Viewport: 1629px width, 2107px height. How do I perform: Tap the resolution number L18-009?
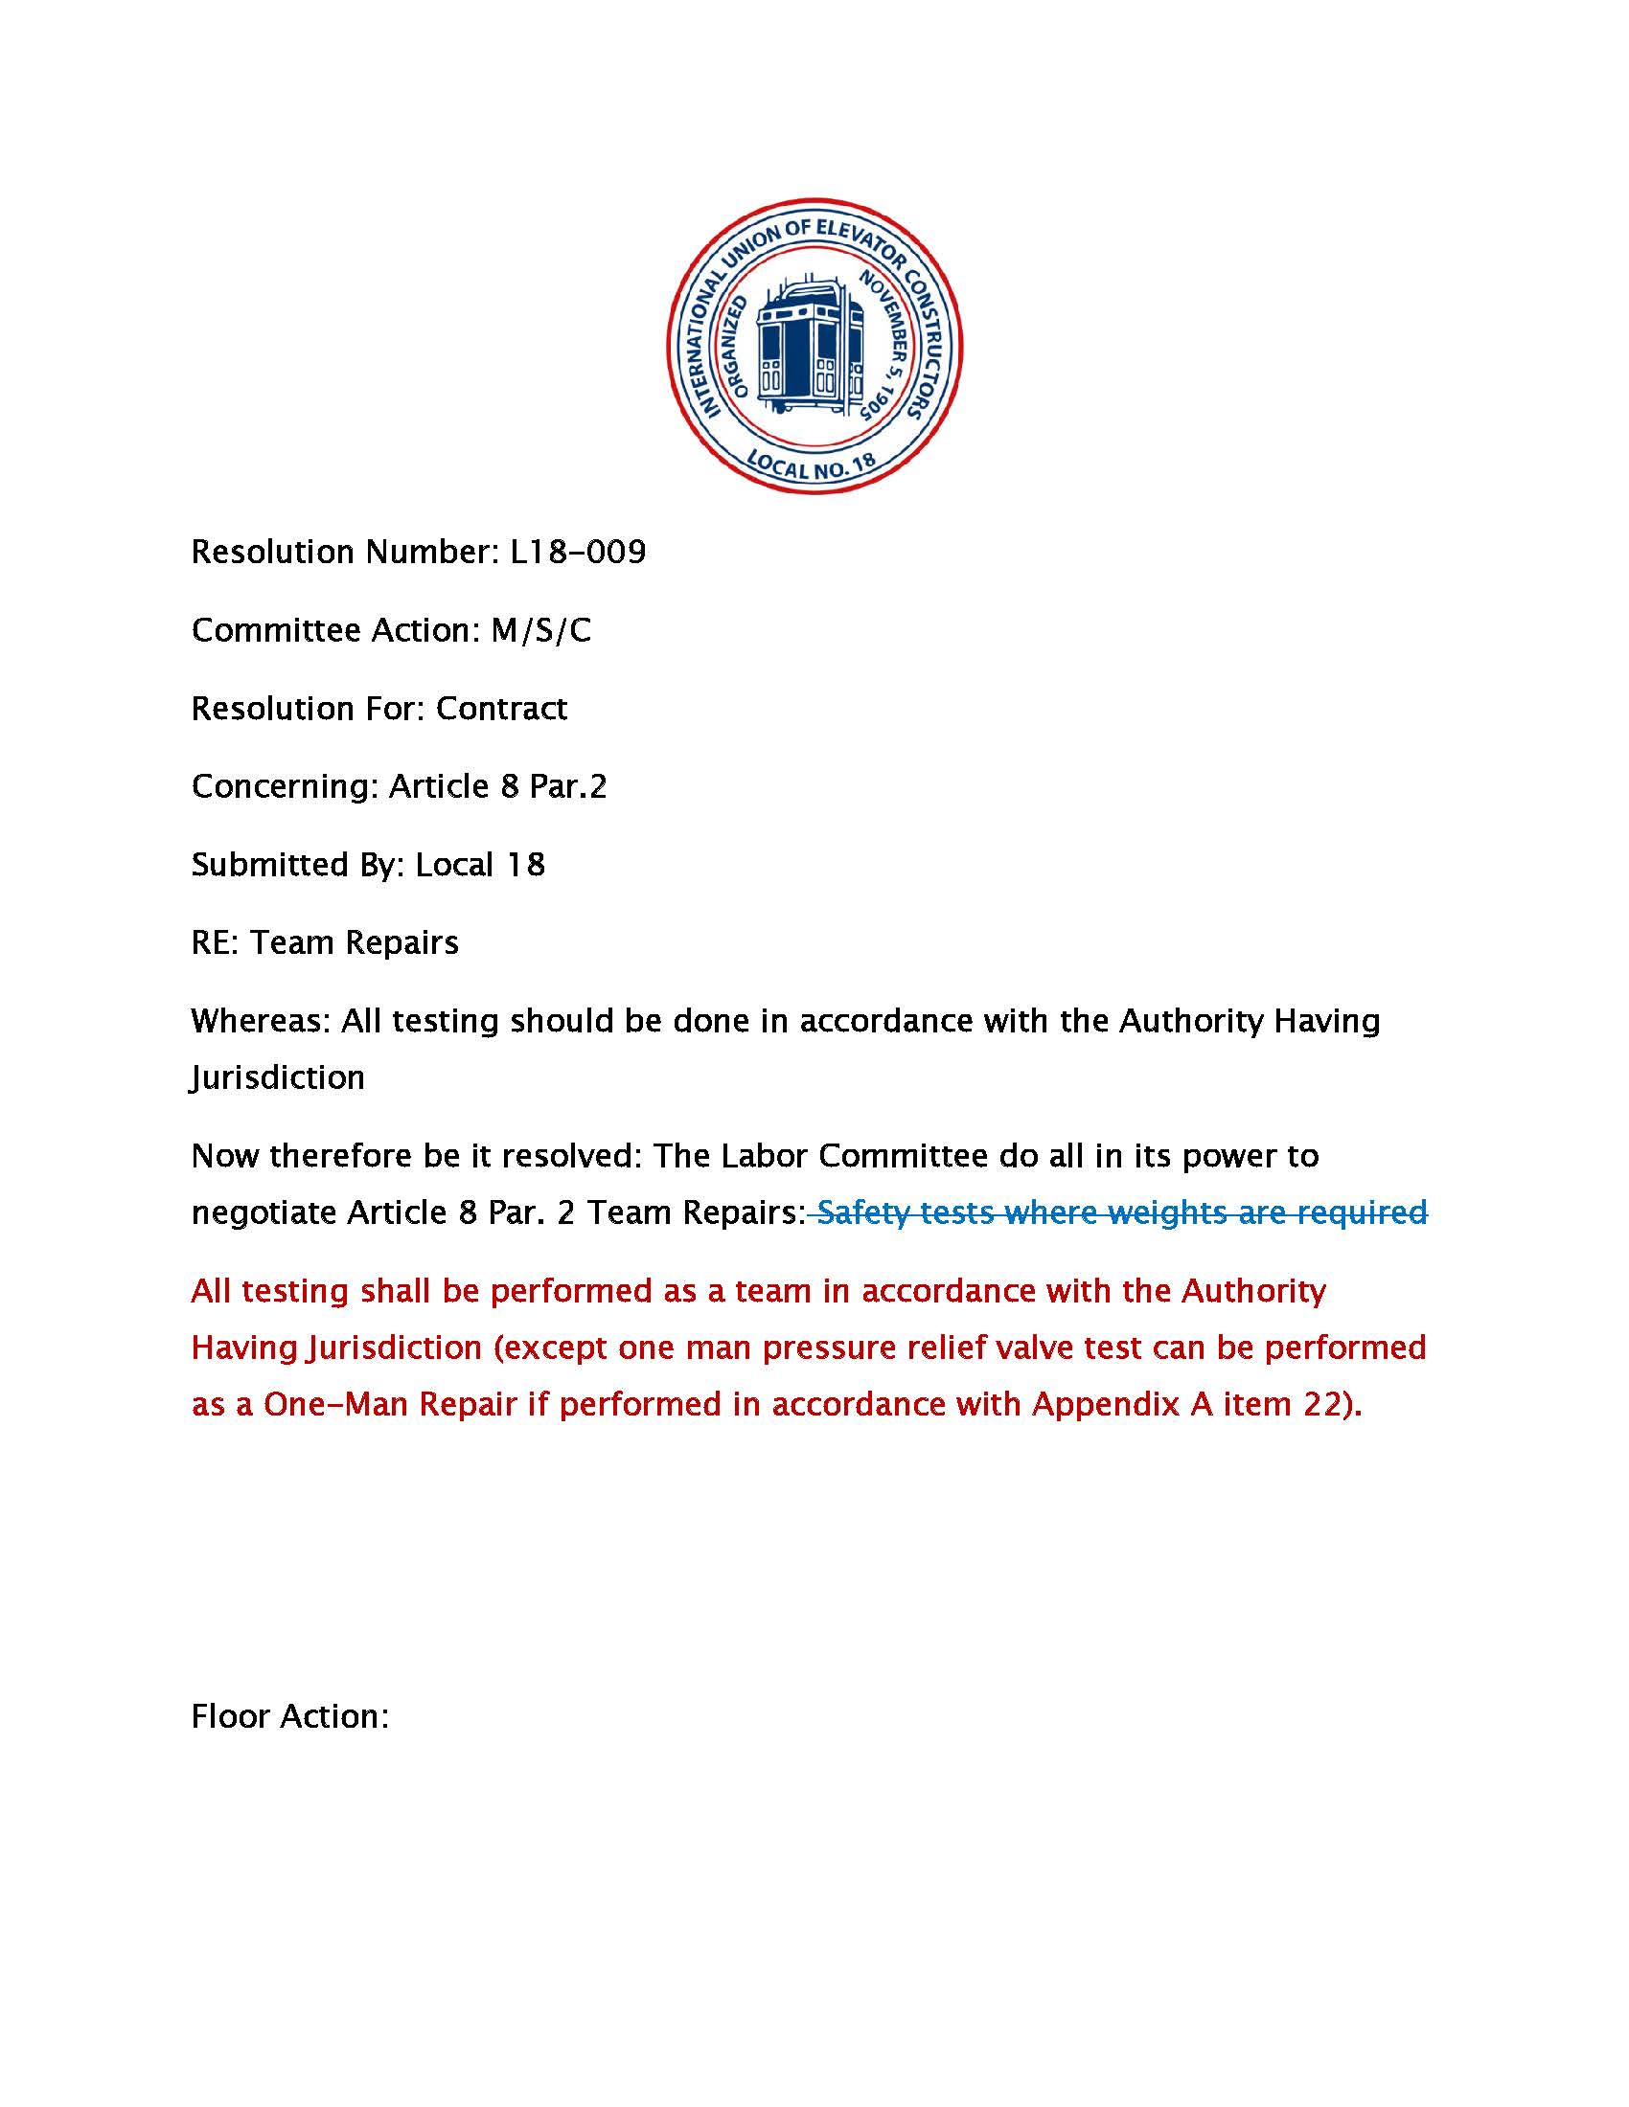(577, 553)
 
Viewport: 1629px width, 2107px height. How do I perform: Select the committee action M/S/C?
(540, 631)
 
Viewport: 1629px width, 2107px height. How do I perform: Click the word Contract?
(501, 709)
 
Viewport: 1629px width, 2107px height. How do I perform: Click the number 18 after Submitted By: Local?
(525, 866)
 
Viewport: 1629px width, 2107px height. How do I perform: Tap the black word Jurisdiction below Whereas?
(278, 1077)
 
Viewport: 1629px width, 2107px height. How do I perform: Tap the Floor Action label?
(289, 1716)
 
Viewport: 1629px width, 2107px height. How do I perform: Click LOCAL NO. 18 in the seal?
(813, 466)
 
